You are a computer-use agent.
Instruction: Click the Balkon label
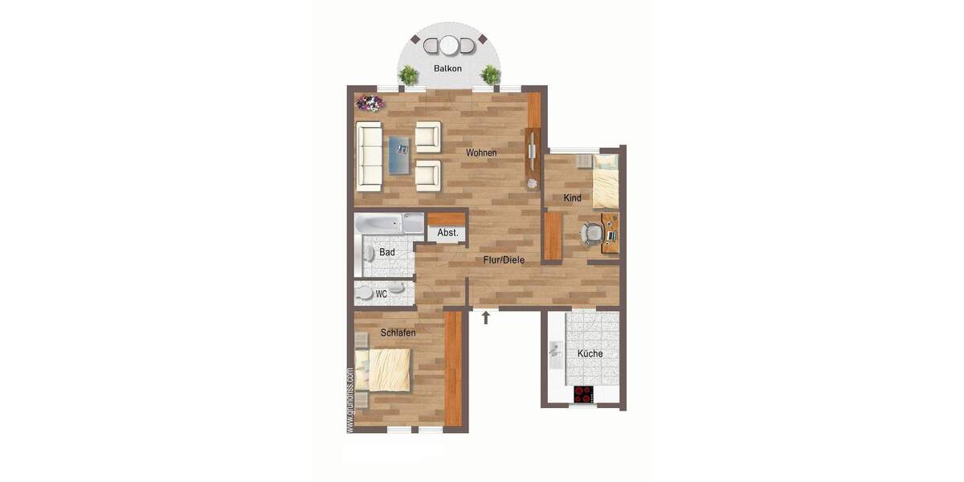click(x=447, y=69)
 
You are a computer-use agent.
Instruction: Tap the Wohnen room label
click(x=481, y=153)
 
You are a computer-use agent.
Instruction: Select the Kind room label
click(x=572, y=198)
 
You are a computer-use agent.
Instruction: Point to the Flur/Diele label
click(x=504, y=260)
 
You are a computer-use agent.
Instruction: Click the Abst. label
click(x=447, y=234)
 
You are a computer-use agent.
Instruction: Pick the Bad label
click(x=387, y=252)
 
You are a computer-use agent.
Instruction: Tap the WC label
click(x=382, y=294)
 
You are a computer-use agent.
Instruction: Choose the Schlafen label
click(x=398, y=333)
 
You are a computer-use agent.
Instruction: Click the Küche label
click(x=590, y=353)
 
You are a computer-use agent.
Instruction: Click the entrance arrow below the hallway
click(x=486, y=318)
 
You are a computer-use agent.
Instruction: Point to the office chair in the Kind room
click(x=592, y=232)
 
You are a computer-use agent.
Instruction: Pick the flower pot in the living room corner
click(x=370, y=103)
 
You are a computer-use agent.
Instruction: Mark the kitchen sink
click(x=555, y=352)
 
